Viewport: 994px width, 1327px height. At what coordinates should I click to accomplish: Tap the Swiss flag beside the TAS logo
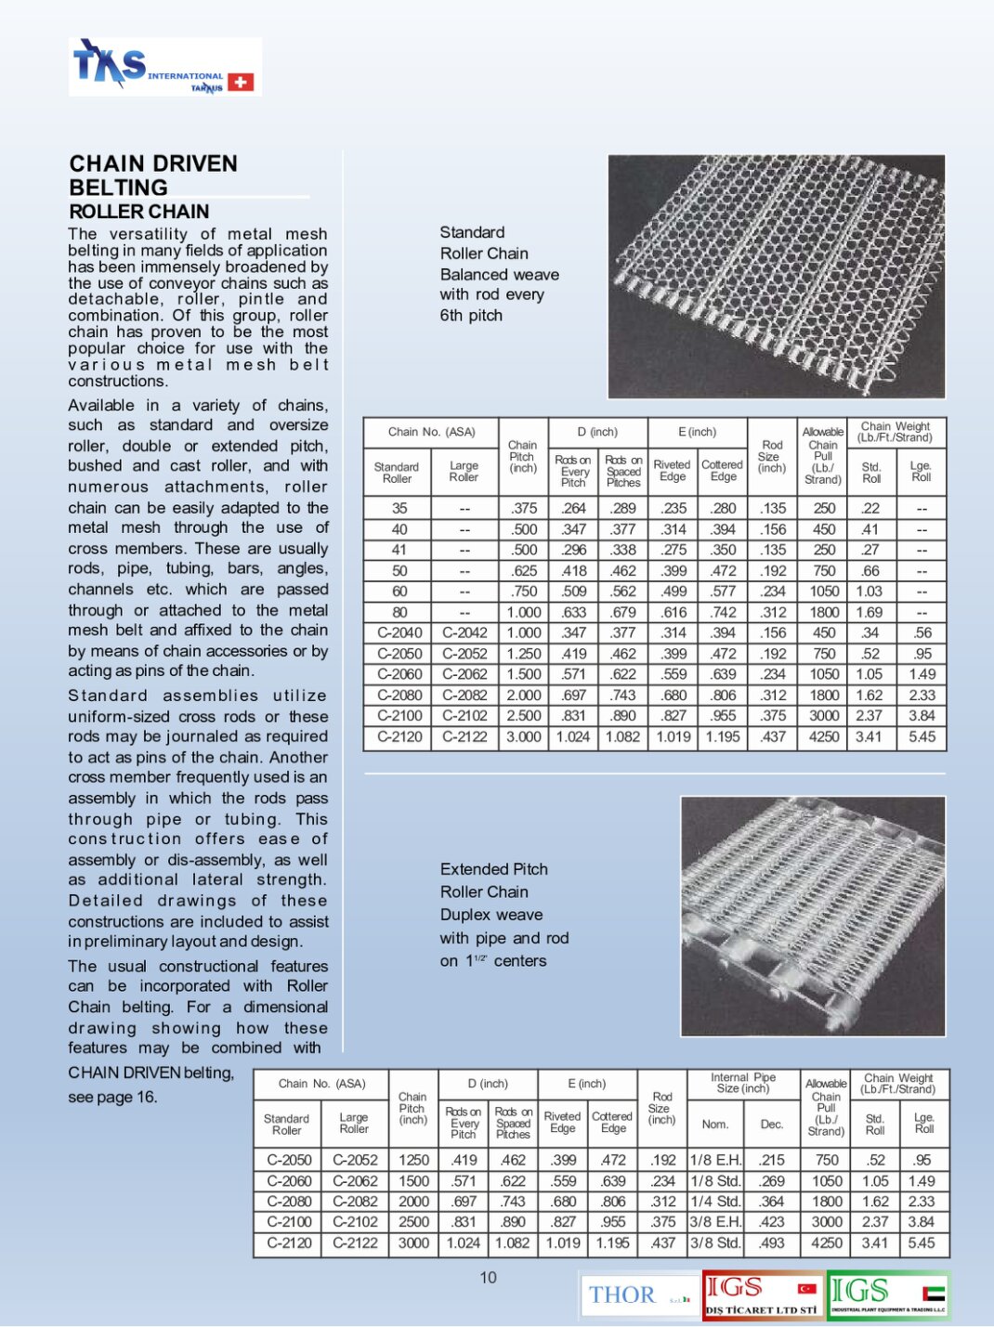point(241,83)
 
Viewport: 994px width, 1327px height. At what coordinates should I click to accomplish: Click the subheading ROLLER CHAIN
point(139,212)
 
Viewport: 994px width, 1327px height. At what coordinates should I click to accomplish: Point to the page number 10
point(488,1278)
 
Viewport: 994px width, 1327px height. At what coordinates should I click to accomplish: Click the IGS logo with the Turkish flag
point(763,1294)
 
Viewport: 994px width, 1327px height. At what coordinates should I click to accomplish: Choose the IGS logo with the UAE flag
point(888,1294)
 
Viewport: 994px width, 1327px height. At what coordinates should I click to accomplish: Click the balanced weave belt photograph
point(776,276)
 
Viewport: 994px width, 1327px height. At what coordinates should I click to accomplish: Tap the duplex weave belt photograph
point(813,916)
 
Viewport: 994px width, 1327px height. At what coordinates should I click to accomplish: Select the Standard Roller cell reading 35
point(399,508)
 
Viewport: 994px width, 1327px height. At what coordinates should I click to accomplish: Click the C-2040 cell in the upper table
point(399,632)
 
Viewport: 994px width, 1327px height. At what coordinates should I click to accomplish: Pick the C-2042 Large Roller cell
point(464,632)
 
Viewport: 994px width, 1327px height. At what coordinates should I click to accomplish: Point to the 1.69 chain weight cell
point(870,612)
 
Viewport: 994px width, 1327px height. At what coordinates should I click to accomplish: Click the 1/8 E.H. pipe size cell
point(715,1160)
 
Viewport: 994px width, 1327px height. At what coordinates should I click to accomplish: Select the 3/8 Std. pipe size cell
point(715,1242)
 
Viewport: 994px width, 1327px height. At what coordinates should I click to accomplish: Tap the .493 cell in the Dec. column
point(772,1242)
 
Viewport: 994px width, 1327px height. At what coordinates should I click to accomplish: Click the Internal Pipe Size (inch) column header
point(743,1083)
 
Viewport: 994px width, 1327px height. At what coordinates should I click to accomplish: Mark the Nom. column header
point(714,1124)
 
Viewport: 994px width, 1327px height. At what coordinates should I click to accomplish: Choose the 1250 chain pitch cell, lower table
point(413,1160)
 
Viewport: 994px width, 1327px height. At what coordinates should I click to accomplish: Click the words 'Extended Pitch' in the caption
point(493,869)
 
